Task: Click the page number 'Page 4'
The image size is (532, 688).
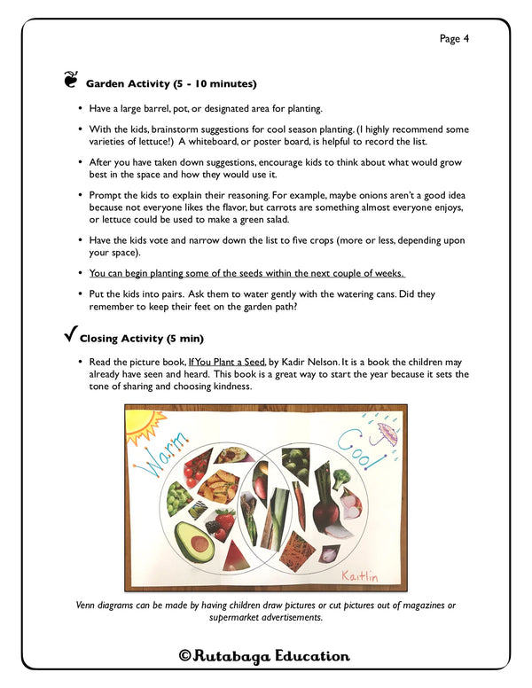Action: pos(454,38)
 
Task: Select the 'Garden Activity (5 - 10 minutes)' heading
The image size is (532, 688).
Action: pos(171,84)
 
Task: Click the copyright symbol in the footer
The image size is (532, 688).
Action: pos(185,656)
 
